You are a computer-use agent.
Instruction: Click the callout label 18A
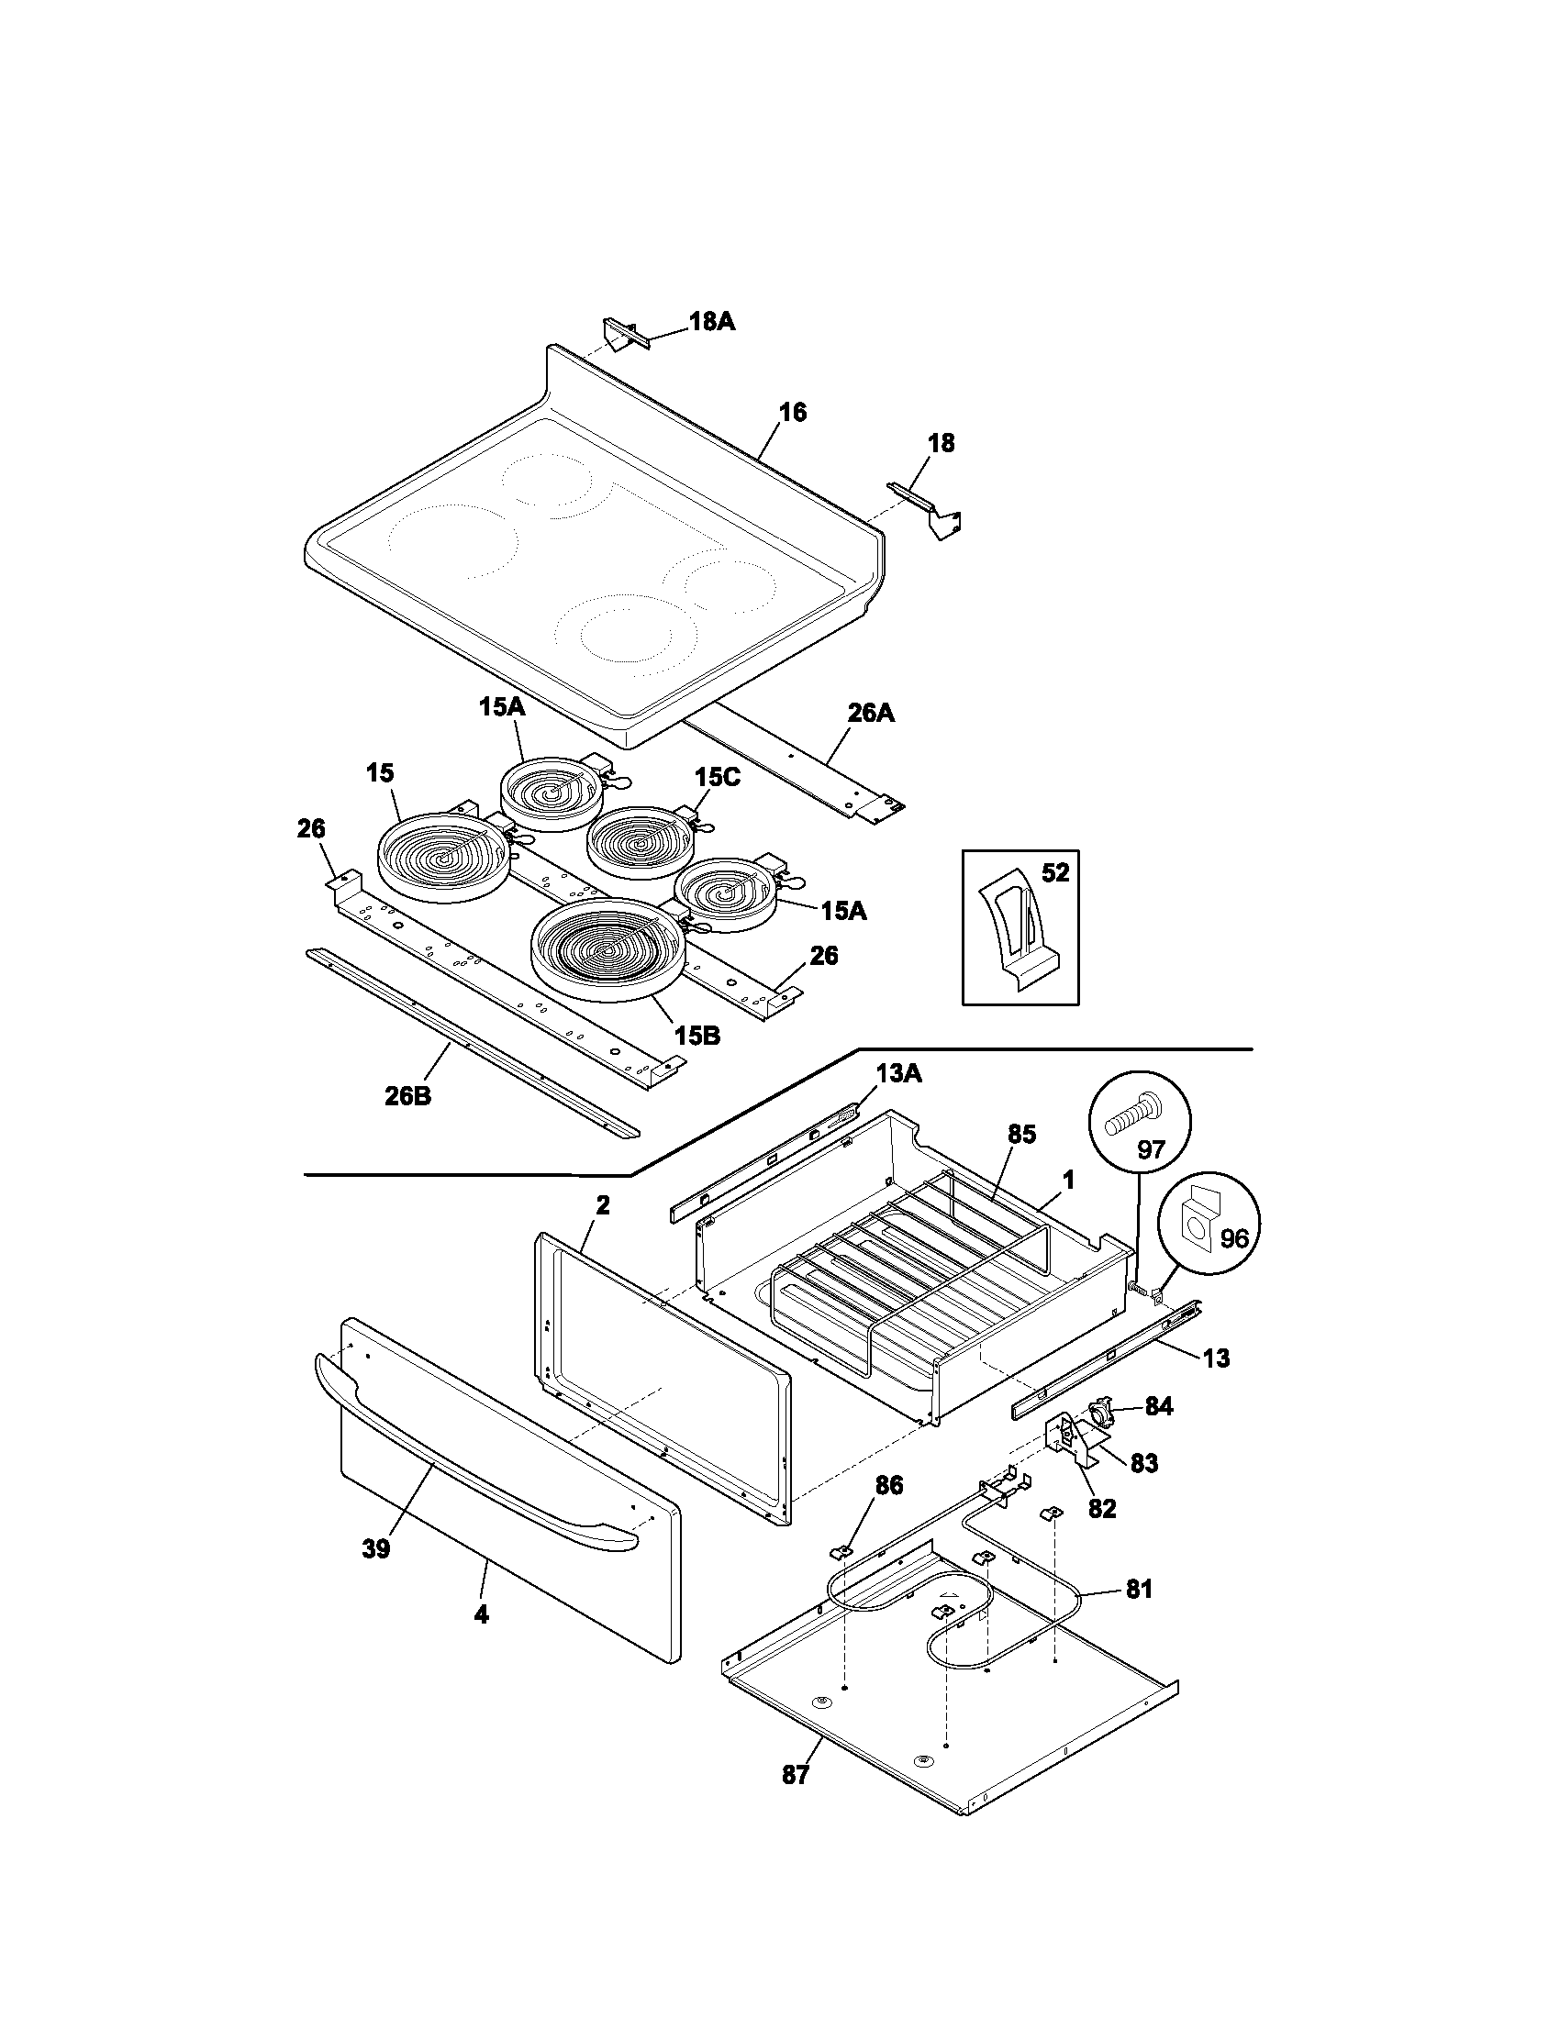711,321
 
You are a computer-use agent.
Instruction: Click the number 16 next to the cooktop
792,412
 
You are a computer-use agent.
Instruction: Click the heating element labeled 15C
641,842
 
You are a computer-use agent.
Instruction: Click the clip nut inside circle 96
1201,1225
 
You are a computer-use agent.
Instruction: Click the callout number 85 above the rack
1021,1134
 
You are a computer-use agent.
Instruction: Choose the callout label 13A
898,1075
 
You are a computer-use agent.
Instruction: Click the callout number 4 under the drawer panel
481,1614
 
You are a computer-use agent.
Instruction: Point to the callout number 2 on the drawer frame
602,1205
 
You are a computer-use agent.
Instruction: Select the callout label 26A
871,714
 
